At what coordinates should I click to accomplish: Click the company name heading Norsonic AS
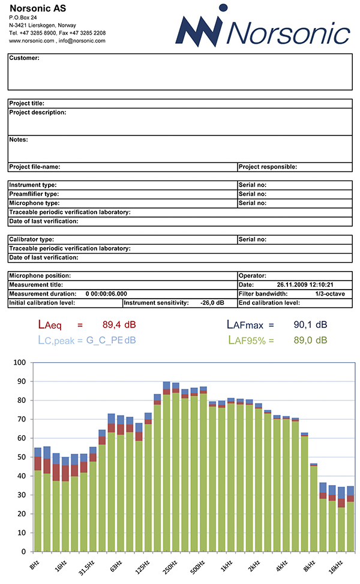(x=38, y=8)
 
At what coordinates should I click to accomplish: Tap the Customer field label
(x=24, y=58)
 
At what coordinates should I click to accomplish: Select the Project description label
(x=38, y=113)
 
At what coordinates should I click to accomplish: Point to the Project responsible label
(x=268, y=167)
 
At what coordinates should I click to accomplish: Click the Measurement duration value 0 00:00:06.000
(x=106, y=294)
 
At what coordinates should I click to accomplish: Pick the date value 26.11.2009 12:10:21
(x=305, y=285)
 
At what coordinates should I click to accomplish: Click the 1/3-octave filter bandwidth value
(x=330, y=294)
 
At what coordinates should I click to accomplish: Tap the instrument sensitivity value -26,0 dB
(x=212, y=303)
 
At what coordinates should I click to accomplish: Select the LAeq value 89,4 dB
(x=119, y=325)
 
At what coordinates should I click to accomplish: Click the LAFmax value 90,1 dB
(x=310, y=325)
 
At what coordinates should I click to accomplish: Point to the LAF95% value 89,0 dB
(x=310, y=340)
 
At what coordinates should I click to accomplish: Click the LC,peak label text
(x=56, y=341)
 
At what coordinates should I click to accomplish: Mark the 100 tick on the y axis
(x=20, y=362)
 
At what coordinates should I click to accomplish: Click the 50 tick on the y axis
(x=22, y=457)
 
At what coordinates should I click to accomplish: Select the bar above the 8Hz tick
(x=38, y=499)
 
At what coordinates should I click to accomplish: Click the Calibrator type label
(x=31, y=239)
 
